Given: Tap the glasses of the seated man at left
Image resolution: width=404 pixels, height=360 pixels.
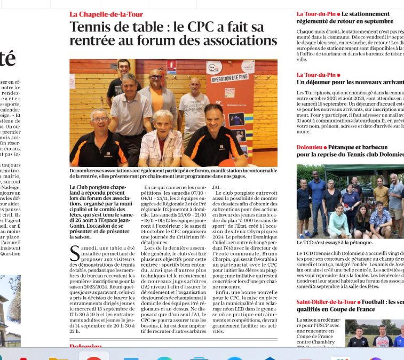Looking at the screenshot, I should (x=99, y=120).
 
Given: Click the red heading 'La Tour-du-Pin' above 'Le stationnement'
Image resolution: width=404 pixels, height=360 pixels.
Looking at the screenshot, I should (x=315, y=14).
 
